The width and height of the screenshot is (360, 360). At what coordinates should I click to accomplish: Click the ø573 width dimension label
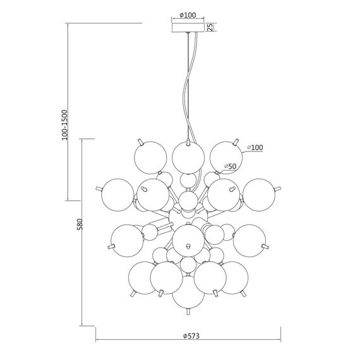(191, 336)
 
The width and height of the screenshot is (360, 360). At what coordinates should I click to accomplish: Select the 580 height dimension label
(80, 224)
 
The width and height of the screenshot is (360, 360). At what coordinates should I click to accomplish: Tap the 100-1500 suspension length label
(65, 125)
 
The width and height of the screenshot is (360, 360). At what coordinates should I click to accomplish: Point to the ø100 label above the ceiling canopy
(188, 15)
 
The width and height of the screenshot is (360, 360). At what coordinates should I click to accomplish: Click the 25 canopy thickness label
(210, 27)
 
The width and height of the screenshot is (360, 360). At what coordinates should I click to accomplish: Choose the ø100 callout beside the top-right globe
(255, 147)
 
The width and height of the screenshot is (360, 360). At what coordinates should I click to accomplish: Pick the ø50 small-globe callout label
(230, 166)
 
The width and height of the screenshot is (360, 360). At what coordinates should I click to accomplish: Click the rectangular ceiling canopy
(188, 27)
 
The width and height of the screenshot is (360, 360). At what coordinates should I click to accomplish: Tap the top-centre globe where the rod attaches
(188, 158)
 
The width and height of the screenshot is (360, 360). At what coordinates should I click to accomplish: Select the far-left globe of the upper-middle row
(117, 195)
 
